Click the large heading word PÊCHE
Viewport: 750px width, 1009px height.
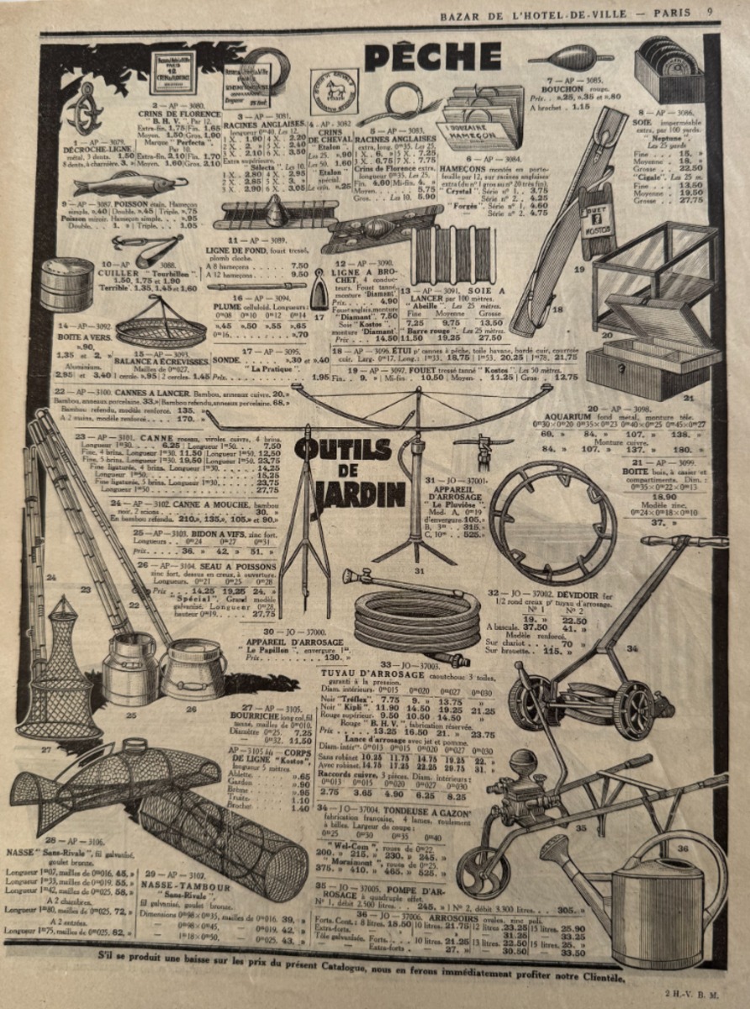click(x=432, y=56)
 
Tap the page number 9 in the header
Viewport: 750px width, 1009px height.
click(x=710, y=12)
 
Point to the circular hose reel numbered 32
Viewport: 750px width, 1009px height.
click(x=553, y=522)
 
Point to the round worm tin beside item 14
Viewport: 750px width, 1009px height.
click(x=66, y=285)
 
